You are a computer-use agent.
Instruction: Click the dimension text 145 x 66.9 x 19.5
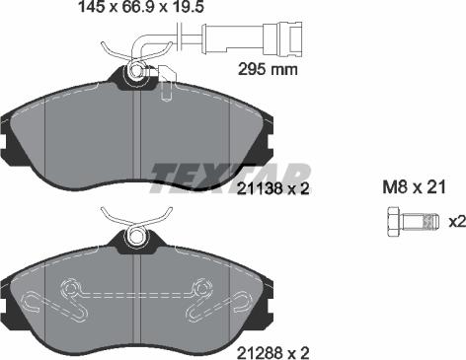(141, 7)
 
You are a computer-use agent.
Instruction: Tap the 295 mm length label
(268, 69)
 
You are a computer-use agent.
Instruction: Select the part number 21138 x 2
(273, 189)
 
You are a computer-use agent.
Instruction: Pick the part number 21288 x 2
(273, 353)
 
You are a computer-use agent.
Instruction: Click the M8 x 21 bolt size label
(414, 186)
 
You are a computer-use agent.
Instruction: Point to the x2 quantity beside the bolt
(457, 222)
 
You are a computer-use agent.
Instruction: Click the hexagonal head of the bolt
(394, 222)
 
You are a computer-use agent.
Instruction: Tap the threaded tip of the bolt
(431, 222)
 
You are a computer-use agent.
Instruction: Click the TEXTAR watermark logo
(230, 179)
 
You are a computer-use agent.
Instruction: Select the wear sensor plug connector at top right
(283, 38)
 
